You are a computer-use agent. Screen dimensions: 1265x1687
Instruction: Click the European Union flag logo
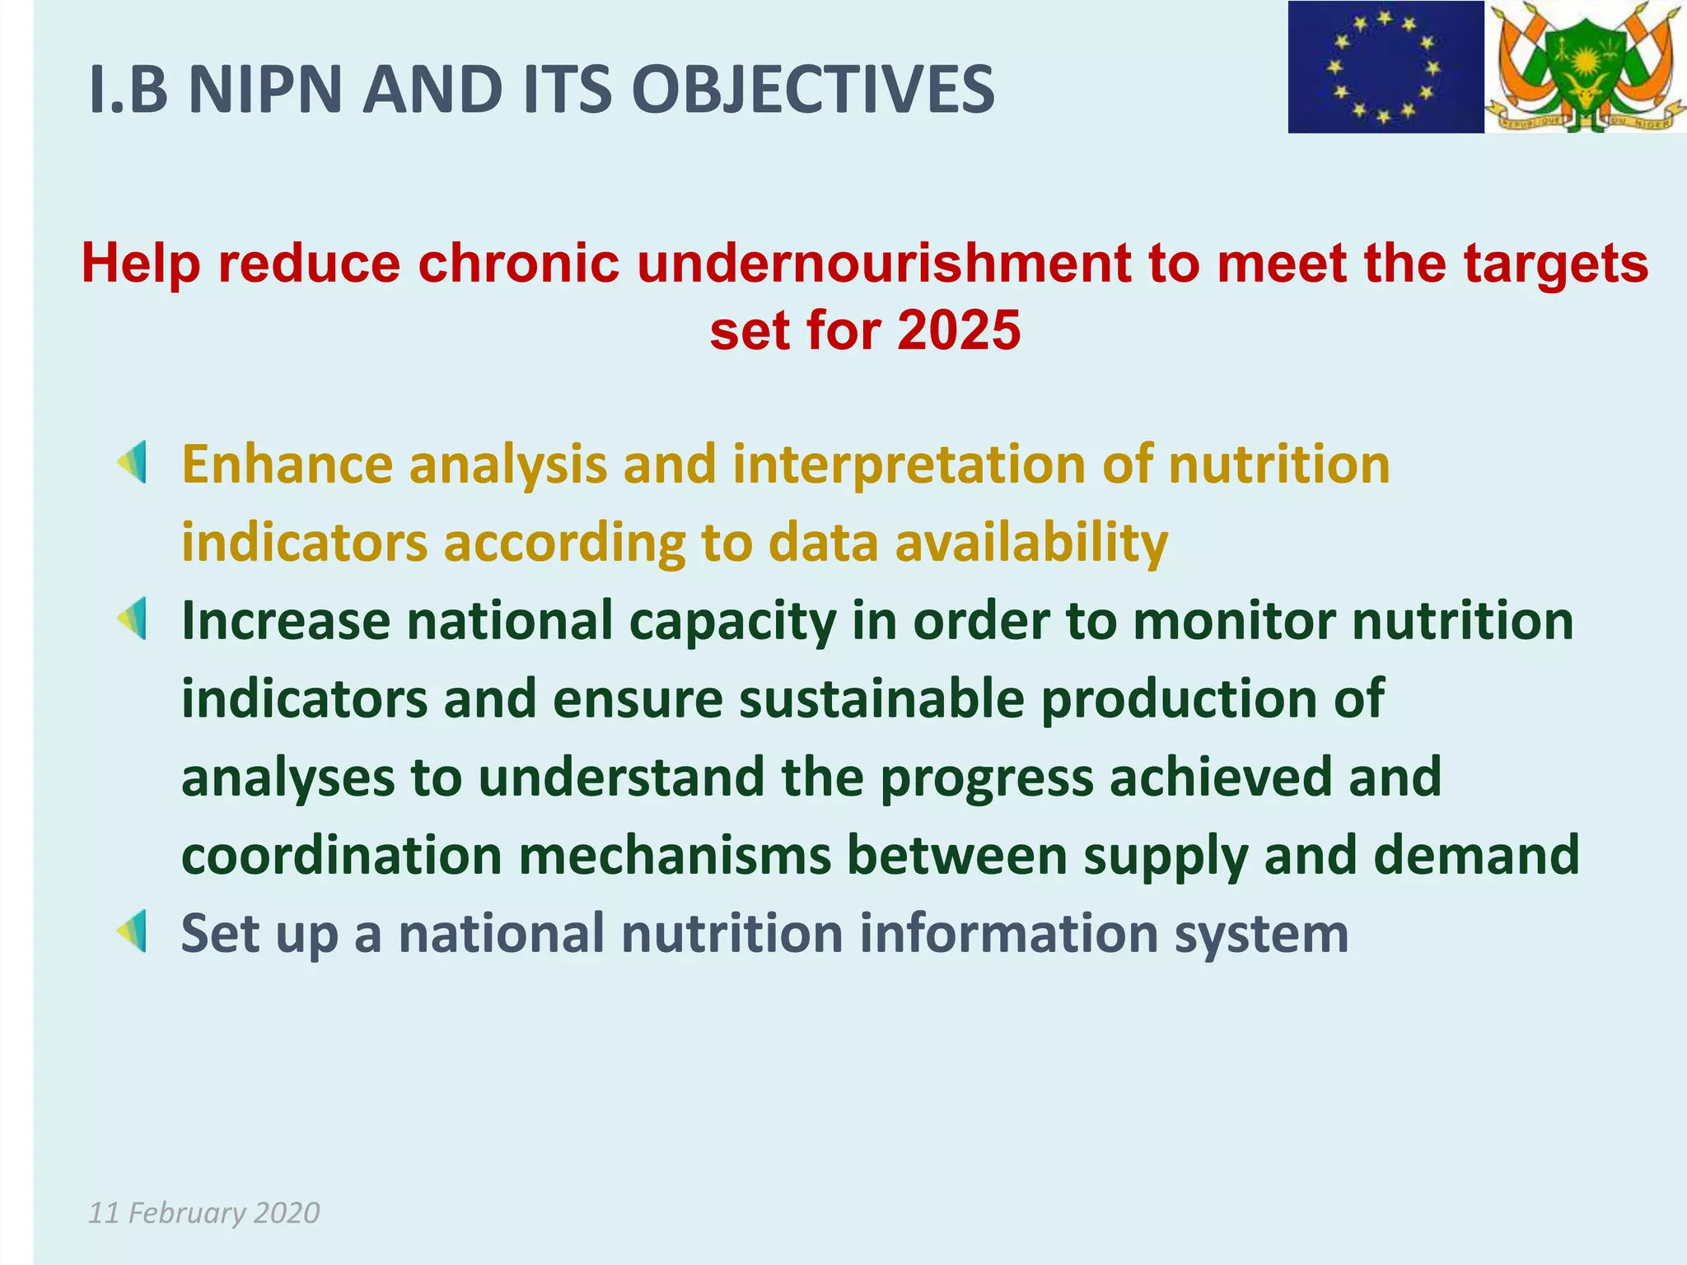[x=1386, y=68]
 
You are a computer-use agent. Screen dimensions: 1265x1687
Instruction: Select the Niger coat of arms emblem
[x=1586, y=68]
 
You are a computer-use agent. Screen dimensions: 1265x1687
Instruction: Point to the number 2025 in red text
[x=959, y=330]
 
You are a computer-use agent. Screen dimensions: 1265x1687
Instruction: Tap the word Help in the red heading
[x=141, y=264]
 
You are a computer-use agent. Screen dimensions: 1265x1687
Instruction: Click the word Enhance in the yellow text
[x=287, y=464]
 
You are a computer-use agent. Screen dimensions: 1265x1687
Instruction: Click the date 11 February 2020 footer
[x=203, y=1212]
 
